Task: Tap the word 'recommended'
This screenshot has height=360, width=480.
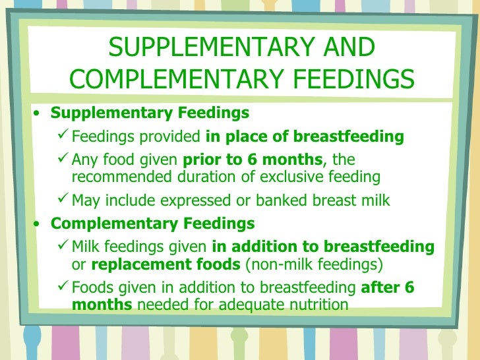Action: (x=120, y=177)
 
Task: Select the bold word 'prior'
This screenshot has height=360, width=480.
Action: (x=202, y=160)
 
